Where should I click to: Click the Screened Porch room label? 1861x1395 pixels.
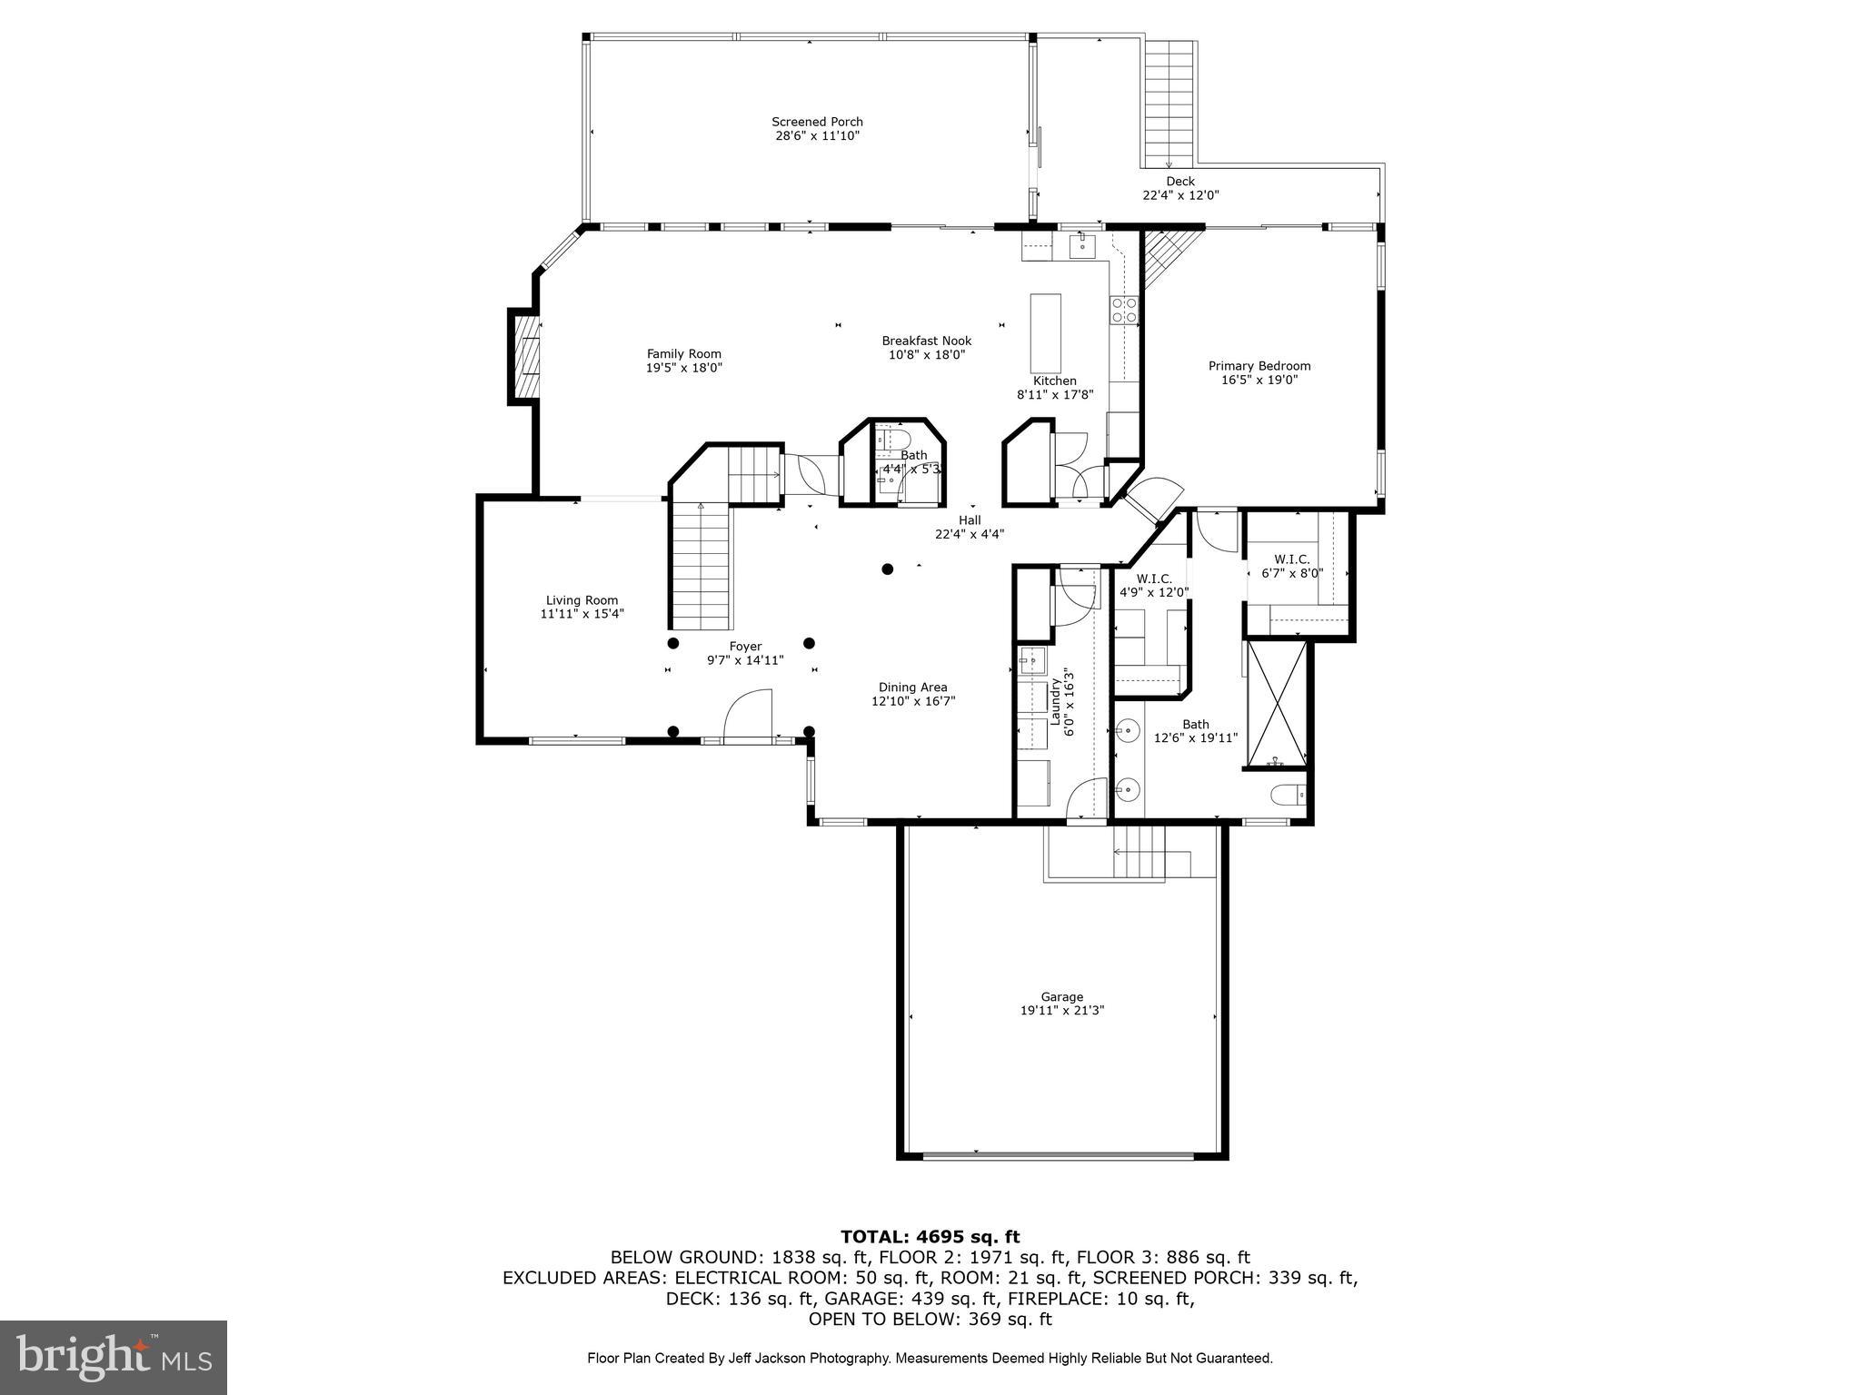tap(817, 122)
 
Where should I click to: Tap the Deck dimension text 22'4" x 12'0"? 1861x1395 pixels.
tap(1179, 195)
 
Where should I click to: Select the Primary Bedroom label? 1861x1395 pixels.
tap(1259, 366)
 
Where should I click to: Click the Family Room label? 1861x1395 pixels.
tap(683, 354)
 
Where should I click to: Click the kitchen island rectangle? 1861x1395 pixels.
tap(1045, 328)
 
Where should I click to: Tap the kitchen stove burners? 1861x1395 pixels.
tap(1124, 310)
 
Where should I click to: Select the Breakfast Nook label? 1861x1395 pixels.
tap(926, 341)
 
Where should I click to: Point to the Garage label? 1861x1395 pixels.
tap(1061, 996)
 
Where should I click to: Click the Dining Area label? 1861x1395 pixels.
tap(912, 688)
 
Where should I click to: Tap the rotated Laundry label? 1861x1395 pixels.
tap(1056, 702)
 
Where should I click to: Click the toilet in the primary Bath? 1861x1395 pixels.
tap(1289, 795)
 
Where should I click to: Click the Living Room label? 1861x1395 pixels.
tap(582, 600)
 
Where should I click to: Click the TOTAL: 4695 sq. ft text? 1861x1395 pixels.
tap(930, 1237)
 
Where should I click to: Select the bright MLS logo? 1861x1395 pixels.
tap(114, 1357)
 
